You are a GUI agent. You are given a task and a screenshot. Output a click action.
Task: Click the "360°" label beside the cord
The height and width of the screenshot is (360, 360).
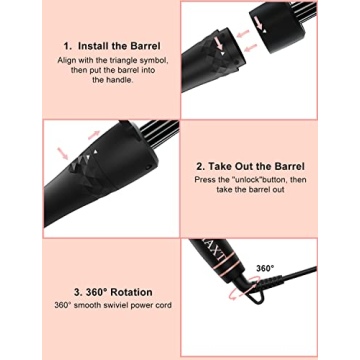point(264,269)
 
